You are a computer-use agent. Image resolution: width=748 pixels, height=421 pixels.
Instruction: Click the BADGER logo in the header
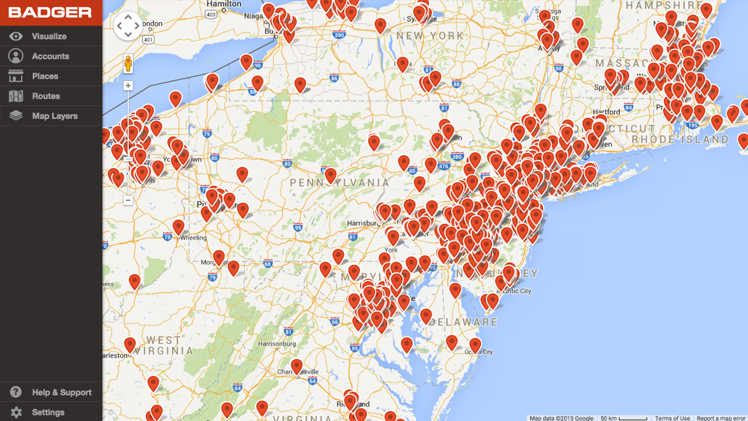pyautogui.click(x=50, y=13)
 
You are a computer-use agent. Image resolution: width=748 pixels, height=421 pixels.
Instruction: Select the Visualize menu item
pyautogui.click(x=49, y=36)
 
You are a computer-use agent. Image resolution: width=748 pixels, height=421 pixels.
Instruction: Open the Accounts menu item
pyautogui.click(x=50, y=56)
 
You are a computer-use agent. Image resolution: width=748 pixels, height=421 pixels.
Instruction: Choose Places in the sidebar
pyautogui.click(x=45, y=76)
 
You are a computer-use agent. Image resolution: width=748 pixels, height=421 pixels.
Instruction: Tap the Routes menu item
pyautogui.click(x=46, y=96)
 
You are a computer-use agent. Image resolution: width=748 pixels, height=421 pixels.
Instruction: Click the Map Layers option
pyautogui.click(x=55, y=116)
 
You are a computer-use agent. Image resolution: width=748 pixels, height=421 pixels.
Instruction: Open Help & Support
pyautogui.click(x=61, y=392)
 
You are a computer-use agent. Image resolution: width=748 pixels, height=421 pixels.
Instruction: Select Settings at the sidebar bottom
pyautogui.click(x=48, y=412)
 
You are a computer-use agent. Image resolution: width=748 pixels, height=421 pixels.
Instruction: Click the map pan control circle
pyautogui.click(x=128, y=26)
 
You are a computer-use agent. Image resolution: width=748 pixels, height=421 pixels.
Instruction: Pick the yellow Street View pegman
pyautogui.click(x=128, y=64)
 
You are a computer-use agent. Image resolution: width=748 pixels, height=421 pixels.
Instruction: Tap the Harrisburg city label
pyautogui.click(x=363, y=223)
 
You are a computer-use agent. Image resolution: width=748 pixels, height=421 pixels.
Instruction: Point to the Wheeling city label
pyautogui.click(x=194, y=238)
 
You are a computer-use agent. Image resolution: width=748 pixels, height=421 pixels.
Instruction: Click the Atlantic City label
pyautogui.click(x=516, y=291)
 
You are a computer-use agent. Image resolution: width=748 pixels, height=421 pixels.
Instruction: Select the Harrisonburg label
pyautogui.click(x=277, y=344)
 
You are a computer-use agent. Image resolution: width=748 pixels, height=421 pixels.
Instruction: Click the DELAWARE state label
pyautogui.click(x=463, y=322)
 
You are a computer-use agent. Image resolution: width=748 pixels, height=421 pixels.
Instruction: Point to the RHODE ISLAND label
pyautogui.click(x=680, y=139)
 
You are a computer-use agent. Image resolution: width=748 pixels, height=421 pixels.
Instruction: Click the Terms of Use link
pyautogui.click(x=672, y=418)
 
